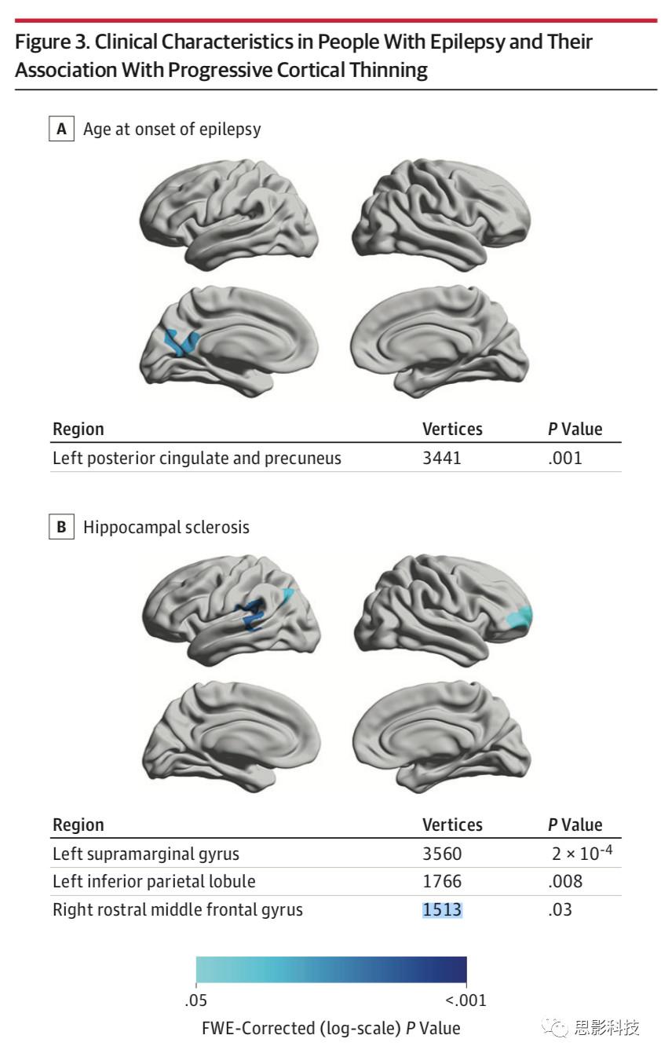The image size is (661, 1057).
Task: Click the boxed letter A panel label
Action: (x=61, y=129)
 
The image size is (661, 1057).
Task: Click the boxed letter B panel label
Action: (x=61, y=527)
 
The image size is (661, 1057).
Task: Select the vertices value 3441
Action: (x=442, y=457)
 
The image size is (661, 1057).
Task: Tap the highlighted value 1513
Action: (x=442, y=909)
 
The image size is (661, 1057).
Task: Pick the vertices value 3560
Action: (x=442, y=853)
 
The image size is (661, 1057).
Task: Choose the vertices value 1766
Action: (x=442, y=881)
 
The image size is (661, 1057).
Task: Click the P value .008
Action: (x=565, y=881)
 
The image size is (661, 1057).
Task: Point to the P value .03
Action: (x=560, y=909)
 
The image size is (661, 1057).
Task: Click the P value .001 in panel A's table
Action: (x=565, y=457)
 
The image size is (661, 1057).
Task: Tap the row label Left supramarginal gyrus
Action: (x=145, y=853)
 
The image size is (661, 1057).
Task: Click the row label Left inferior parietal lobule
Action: (x=154, y=881)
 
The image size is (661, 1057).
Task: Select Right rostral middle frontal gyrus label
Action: (x=177, y=909)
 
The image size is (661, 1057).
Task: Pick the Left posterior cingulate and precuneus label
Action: (x=196, y=457)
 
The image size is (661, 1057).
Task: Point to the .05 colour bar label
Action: (x=195, y=1000)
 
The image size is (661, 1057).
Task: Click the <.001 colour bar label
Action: (x=466, y=1000)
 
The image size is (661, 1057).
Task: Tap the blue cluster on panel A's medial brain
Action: (x=181, y=342)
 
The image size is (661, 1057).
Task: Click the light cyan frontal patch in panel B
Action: (x=520, y=616)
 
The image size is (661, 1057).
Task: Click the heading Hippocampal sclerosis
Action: (x=166, y=527)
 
